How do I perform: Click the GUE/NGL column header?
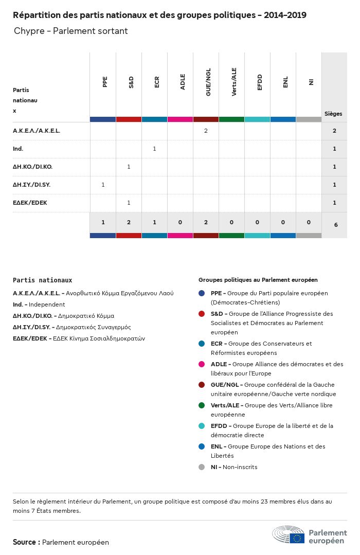[x=208, y=84]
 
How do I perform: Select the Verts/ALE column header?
[x=234, y=84]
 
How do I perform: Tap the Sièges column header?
[x=333, y=114]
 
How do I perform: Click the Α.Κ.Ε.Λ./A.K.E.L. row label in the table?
[x=37, y=131]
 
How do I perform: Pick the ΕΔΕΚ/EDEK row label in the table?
[x=30, y=203]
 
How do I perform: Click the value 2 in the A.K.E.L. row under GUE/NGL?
[x=206, y=131]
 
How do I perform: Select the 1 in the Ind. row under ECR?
[x=154, y=149]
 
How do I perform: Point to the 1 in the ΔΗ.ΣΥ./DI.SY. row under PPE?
[x=103, y=185]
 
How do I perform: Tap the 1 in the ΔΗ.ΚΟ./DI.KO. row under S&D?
[x=129, y=167]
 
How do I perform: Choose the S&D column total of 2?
[x=129, y=222]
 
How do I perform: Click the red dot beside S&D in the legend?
[x=202, y=314]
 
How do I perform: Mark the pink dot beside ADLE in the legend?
[x=202, y=364]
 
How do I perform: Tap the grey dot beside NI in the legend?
[x=202, y=467]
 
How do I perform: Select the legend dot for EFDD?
[x=202, y=426]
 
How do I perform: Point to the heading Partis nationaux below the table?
[x=42, y=280]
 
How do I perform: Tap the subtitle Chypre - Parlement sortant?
[x=71, y=31]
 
